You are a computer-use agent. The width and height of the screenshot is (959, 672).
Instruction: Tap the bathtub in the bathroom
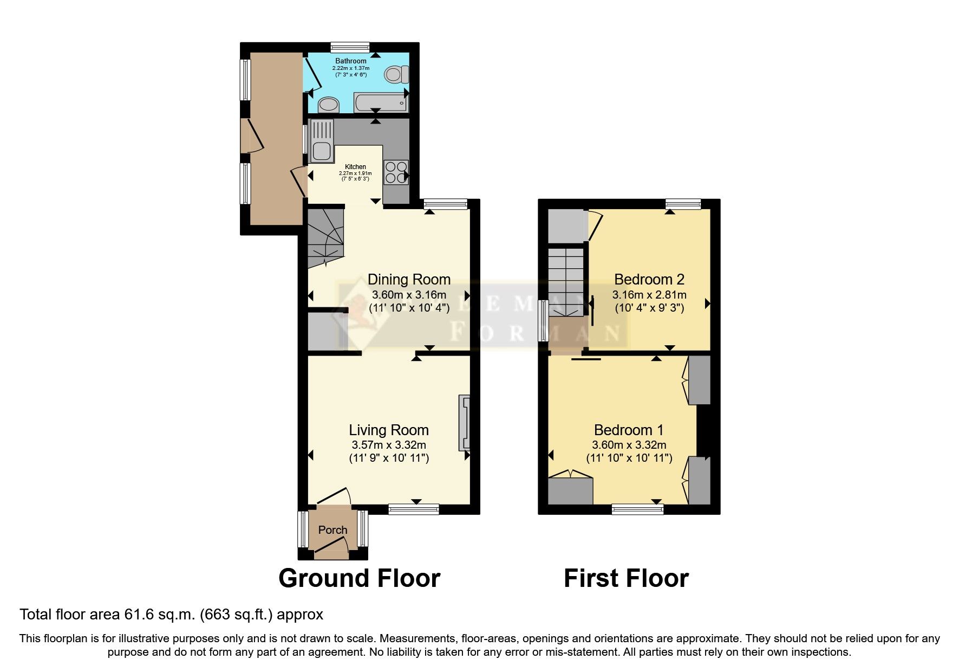click(x=380, y=102)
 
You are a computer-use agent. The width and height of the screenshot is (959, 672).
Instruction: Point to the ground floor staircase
click(x=325, y=238)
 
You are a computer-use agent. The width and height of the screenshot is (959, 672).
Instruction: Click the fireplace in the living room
click(x=465, y=423)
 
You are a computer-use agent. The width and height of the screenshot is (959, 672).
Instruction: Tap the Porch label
click(x=332, y=530)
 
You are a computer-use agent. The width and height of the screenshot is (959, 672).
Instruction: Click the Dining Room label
click(x=409, y=280)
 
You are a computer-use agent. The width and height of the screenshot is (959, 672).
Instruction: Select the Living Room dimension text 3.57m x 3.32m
click(x=389, y=445)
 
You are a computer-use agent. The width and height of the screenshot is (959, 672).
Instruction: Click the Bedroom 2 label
click(x=649, y=280)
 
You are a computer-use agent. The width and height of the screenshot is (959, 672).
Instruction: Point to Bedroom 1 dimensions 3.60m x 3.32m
click(x=629, y=445)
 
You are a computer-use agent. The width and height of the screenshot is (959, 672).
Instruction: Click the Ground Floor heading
click(x=359, y=578)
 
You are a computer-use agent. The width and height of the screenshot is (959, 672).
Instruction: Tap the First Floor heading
click(x=626, y=578)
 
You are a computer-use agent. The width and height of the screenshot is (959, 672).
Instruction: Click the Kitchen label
click(x=355, y=167)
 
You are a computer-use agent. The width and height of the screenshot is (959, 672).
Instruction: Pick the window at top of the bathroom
click(x=350, y=47)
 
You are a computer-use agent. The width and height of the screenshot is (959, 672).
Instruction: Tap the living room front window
click(x=414, y=508)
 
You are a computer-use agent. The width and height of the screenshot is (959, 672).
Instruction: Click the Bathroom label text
click(x=350, y=61)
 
